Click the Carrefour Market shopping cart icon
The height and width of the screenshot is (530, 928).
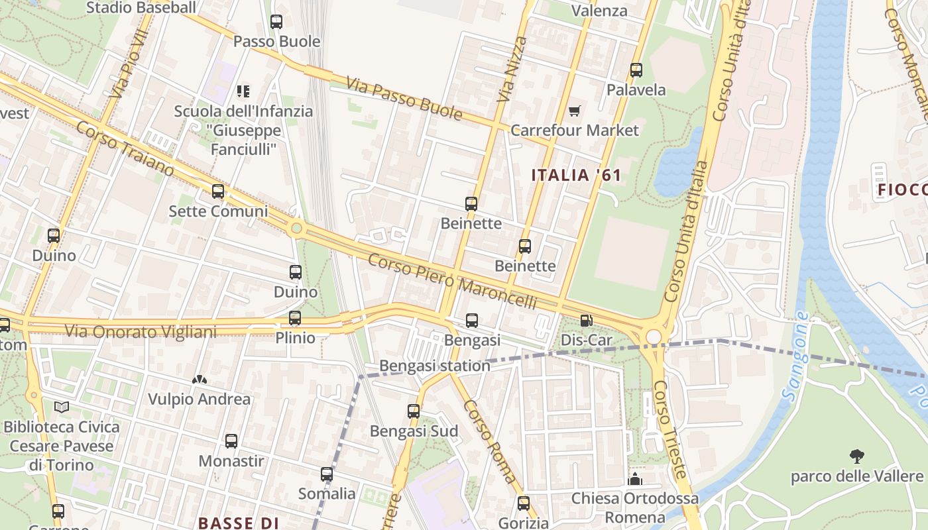pyautogui.click(x=574, y=111)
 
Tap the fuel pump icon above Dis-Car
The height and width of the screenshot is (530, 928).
pyautogui.click(x=586, y=321)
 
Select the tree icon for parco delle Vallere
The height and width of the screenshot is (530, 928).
pyautogui.click(x=856, y=456)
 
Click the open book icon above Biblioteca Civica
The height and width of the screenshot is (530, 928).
pyautogui.click(x=62, y=407)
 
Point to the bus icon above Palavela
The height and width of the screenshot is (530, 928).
pyautogui.click(x=636, y=70)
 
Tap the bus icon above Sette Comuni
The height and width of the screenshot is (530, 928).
pyautogui.click(x=218, y=191)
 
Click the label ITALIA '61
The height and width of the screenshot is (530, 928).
pyautogui.click(x=577, y=176)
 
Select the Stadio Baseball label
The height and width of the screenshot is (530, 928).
pyautogui.click(x=141, y=8)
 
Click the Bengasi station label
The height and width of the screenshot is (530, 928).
pyautogui.click(x=435, y=366)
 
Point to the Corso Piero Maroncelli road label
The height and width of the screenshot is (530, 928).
pyautogui.click(x=452, y=281)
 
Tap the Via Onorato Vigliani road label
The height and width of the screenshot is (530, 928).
pyautogui.click(x=141, y=331)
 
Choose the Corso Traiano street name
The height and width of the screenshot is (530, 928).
pyautogui.click(x=125, y=149)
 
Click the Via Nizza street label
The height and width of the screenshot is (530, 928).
pyautogui.click(x=512, y=69)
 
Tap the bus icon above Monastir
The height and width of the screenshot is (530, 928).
pyautogui.click(x=231, y=441)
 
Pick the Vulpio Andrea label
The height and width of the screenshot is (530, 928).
pyautogui.click(x=200, y=399)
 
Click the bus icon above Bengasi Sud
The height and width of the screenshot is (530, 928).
pyautogui.click(x=414, y=411)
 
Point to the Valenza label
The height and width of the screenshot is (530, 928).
pyautogui.click(x=599, y=11)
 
